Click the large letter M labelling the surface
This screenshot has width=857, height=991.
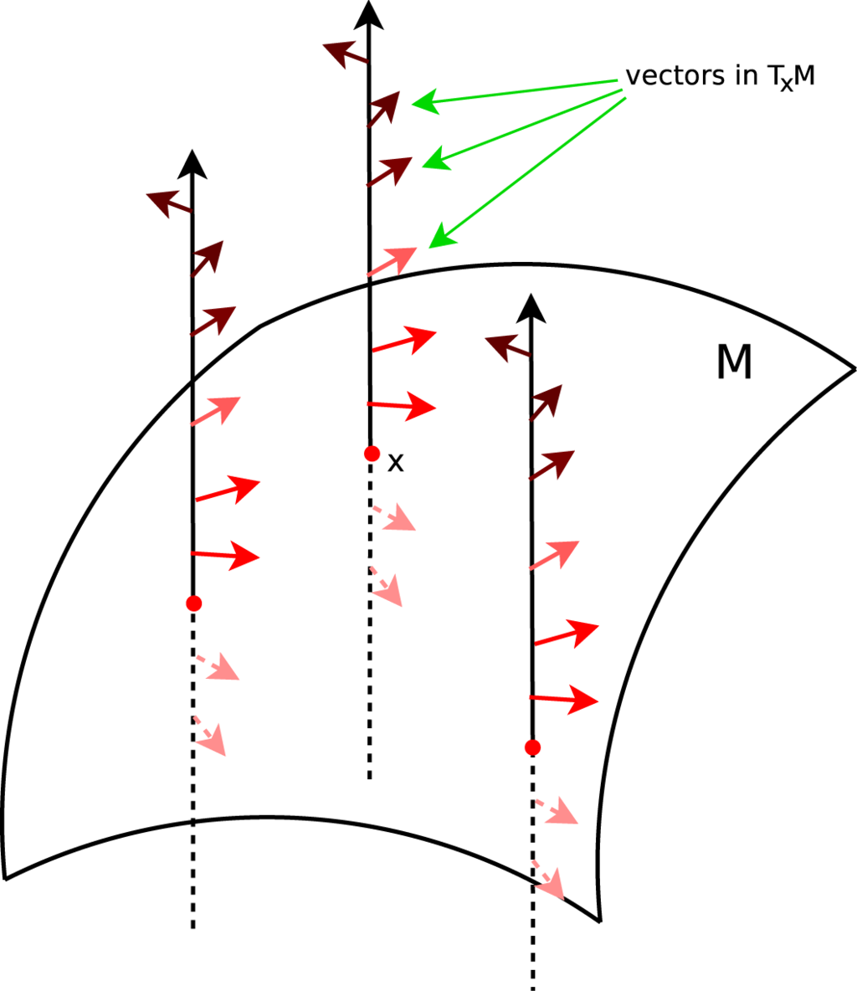click(734, 363)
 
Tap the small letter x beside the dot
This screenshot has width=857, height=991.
click(396, 462)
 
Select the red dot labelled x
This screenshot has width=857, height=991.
click(372, 454)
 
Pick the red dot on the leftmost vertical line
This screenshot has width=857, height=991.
click(193, 603)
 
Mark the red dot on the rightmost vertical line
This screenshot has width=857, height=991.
click(532, 746)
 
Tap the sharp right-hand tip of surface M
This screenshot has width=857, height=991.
click(852, 368)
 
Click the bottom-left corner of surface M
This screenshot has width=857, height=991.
click(7, 876)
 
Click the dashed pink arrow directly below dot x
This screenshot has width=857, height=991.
click(394, 516)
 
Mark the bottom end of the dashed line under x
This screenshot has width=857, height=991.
click(369, 778)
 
